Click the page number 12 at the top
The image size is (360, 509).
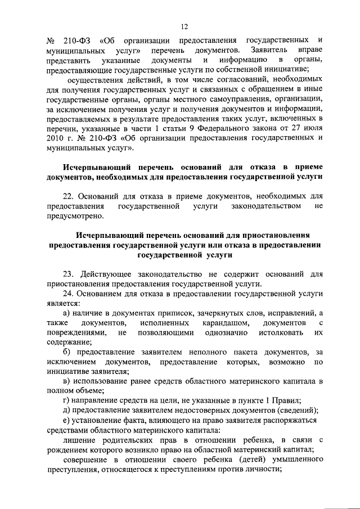point(184,25)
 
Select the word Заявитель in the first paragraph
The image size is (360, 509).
point(268,51)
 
